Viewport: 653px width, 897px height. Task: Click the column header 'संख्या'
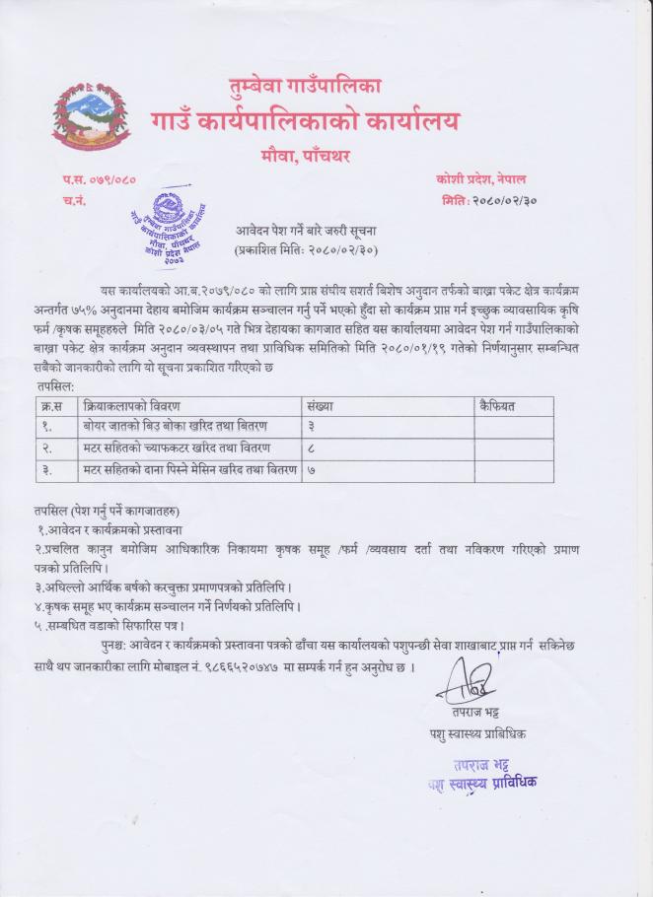click(321, 405)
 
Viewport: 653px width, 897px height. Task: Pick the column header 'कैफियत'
click(497, 405)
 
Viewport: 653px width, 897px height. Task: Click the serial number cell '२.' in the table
click(46, 448)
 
